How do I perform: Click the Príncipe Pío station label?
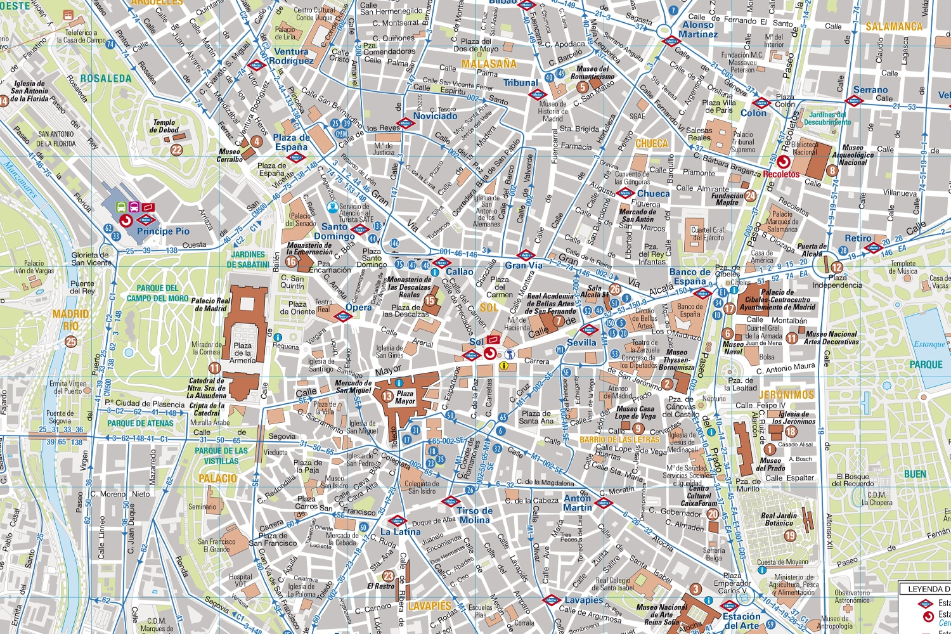point(163,231)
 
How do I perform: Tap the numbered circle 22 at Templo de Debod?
point(176,150)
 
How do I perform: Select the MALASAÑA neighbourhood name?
point(489,64)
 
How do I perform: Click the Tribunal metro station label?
point(521,83)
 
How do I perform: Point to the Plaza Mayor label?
point(405,398)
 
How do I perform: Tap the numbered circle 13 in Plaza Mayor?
point(387,397)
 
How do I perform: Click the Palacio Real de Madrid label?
point(210,304)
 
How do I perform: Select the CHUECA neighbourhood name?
point(652,144)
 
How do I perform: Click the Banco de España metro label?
point(690,276)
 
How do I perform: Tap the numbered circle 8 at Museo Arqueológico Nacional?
point(832,171)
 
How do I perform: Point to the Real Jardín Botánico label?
point(779,519)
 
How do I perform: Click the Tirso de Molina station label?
point(474,515)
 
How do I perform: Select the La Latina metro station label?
point(400,532)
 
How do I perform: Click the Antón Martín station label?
point(578,503)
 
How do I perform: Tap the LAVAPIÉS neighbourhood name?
point(429,606)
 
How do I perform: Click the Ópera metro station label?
point(358,307)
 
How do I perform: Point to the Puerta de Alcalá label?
point(812,250)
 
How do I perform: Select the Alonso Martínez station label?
point(698,30)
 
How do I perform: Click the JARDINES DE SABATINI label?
point(248,259)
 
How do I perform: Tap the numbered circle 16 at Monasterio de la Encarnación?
point(291,261)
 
